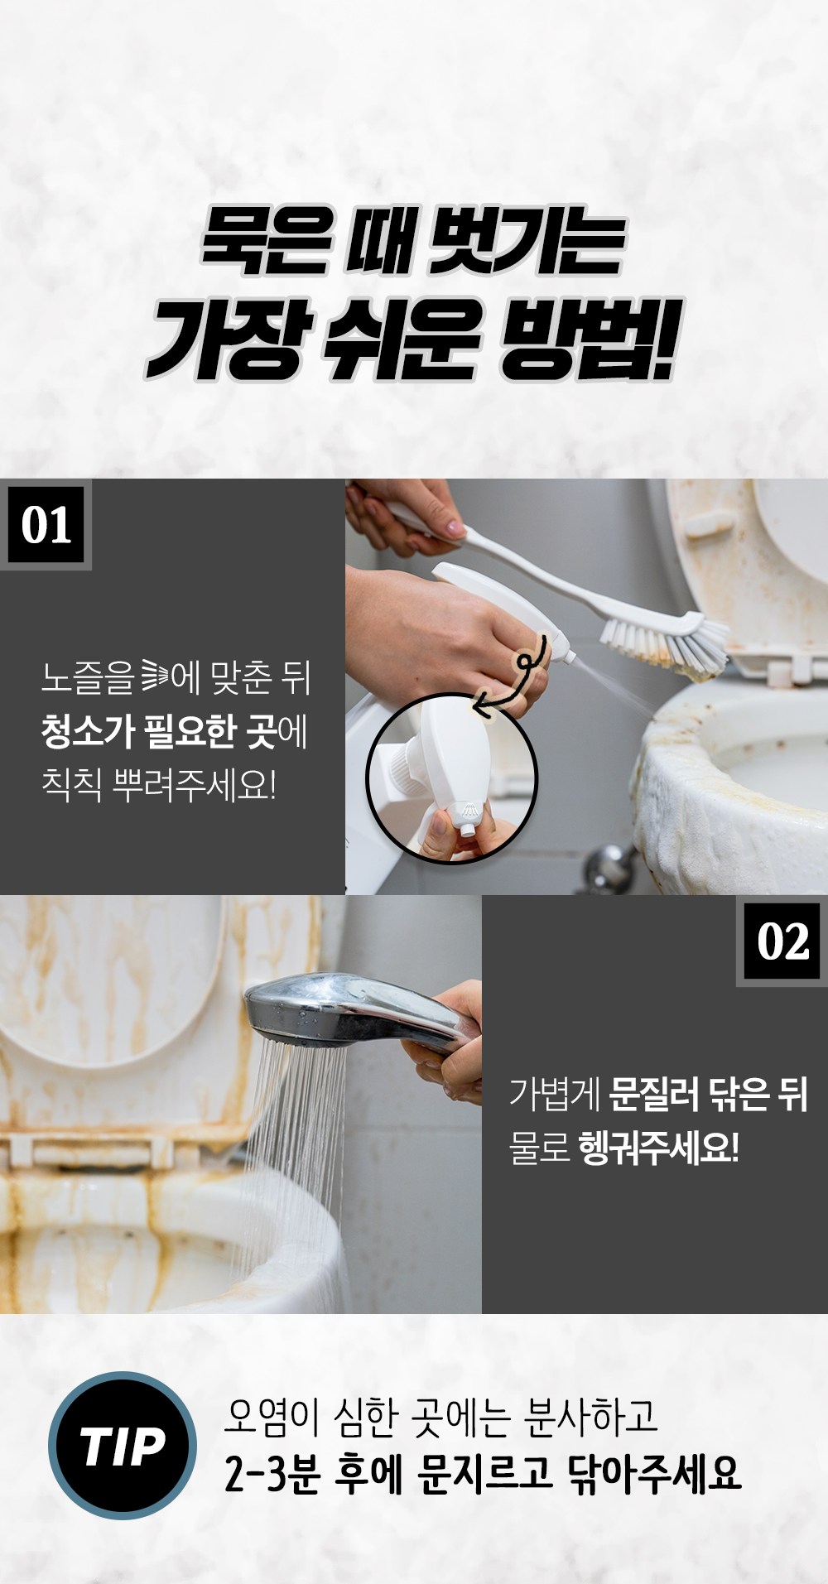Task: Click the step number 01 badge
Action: coord(46,525)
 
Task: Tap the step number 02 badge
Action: coord(782,941)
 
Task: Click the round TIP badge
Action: coord(123,1445)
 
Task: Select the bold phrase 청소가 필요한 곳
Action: coord(158,731)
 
